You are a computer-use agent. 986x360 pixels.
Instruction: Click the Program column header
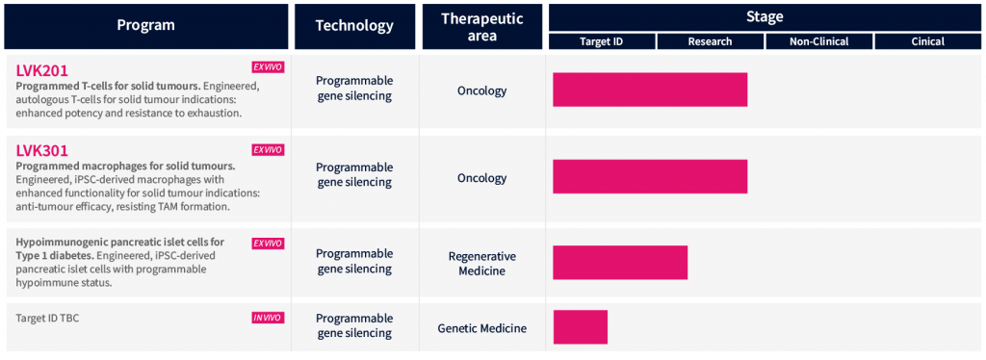point(146,26)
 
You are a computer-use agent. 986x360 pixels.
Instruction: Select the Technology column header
point(354,26)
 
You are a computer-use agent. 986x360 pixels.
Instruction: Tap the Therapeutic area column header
point(482,26)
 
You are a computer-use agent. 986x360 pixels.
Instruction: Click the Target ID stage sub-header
point(602,41)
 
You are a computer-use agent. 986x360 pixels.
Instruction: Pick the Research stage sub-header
point(710,41)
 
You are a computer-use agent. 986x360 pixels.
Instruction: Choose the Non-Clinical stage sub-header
point(818,41)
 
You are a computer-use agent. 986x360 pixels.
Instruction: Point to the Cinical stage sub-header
point(927,41)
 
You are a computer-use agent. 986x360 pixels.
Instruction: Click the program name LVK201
point(41,68)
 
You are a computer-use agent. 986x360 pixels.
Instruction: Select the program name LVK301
point(41,151)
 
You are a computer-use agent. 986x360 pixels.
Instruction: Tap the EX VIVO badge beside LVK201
point(268,67)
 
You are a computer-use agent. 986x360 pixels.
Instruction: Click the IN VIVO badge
point(268,318)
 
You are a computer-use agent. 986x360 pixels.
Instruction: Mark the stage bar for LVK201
point(650,90)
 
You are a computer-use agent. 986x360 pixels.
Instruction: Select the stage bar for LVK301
point(650,176)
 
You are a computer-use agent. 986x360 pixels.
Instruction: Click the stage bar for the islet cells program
point(620,263)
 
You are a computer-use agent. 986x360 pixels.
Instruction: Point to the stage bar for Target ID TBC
point(581,326)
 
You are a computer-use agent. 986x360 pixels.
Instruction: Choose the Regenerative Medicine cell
point(482,263)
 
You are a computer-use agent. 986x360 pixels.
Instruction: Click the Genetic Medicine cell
point(482,328)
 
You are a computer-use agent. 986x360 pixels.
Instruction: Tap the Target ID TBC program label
point(47,318)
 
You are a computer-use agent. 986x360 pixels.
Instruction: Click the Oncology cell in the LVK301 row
point(482,178)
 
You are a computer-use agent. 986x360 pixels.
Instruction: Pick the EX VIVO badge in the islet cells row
point(268,244)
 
